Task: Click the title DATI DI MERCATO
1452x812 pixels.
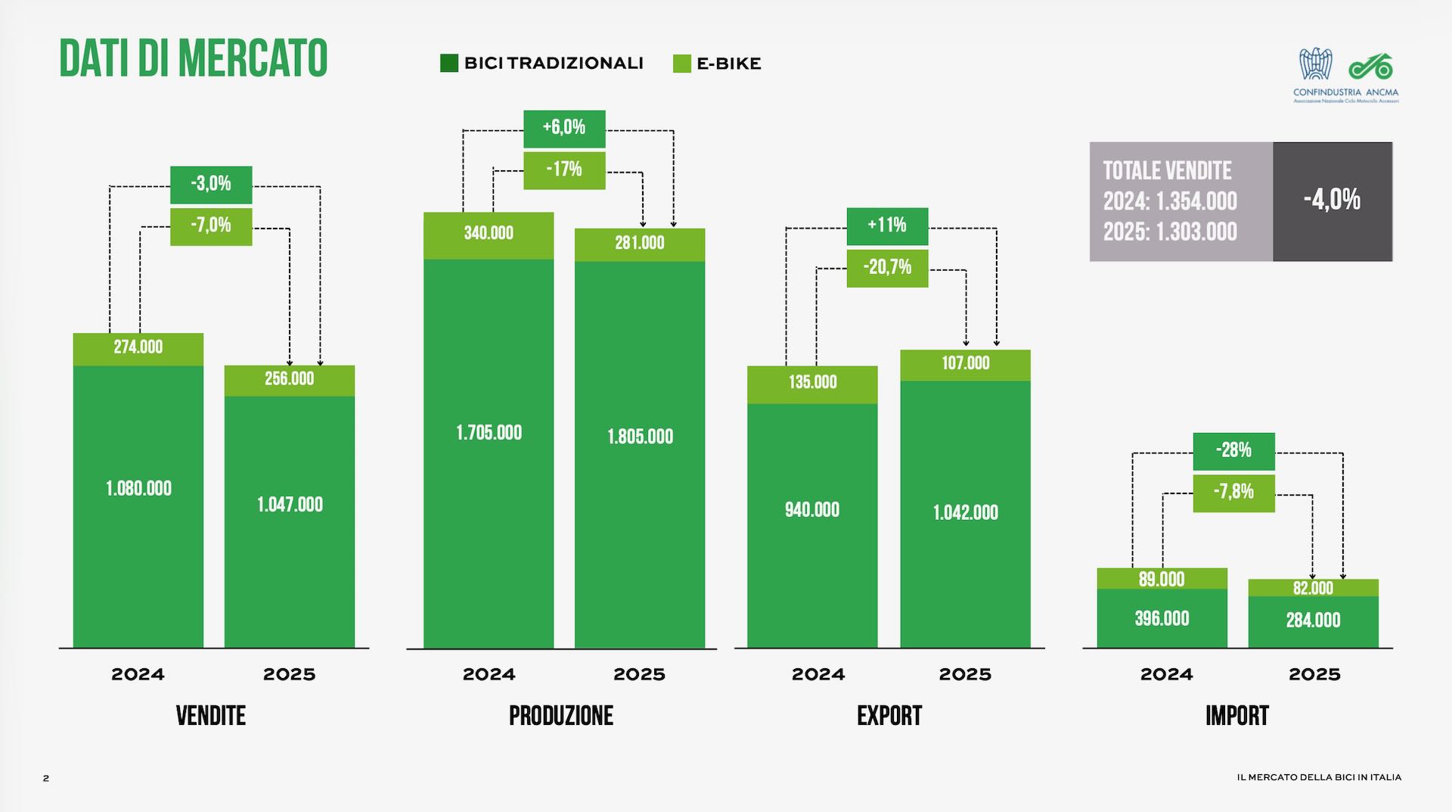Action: point(193,58)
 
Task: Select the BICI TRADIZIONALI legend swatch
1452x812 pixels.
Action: point(448,64)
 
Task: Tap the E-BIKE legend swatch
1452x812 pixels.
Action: point(681,64)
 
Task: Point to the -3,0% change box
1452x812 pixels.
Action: point(211,184)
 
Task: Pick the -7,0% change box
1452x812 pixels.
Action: point(211,226)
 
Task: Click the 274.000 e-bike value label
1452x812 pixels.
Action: point(138,347)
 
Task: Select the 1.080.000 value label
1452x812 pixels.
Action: point(138,489)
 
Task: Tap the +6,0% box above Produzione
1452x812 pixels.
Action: point(564,128)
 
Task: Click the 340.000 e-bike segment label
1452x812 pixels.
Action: point(489,233)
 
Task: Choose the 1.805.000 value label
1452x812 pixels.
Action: point(640,437)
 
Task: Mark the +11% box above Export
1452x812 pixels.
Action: point(887,226)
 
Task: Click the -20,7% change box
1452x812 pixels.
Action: point(887,267)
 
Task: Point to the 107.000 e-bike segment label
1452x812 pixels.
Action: point(966,363)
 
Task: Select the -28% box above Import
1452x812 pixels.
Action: point(1233,450)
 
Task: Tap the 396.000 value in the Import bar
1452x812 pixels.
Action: point(1162,619)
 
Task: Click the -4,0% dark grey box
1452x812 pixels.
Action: point(1332,201)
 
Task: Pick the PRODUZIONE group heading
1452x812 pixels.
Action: point(561,715)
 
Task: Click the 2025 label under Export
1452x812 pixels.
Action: point(965,674)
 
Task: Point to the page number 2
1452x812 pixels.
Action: point(46,778)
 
